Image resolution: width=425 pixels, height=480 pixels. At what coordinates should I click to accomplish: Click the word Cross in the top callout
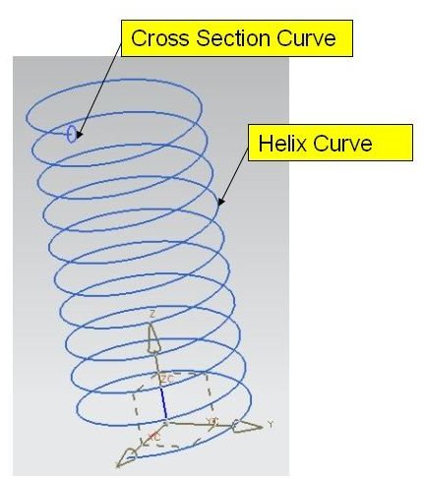[x=160, y=38]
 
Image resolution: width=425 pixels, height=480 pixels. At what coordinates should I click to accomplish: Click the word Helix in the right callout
[x=282, y=144]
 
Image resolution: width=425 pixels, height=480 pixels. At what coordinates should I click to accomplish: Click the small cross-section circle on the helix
[x=72, y=134]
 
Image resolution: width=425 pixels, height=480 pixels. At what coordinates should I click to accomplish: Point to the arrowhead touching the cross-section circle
[x=79, y=134]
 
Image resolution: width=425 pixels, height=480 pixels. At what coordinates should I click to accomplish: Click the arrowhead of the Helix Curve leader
[x=221, y=202]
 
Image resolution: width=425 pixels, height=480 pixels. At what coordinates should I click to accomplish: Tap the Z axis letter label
[x=152, y=314]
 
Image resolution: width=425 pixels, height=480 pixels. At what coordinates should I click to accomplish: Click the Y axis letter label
[x=271, y=424]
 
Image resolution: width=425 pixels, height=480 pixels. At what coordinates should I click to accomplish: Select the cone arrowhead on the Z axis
[x=153, y=338]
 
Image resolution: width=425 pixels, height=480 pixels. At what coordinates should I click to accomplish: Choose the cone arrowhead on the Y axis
[x=247, y=426]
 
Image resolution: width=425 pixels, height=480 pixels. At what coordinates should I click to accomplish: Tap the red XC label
[x=154, y=437]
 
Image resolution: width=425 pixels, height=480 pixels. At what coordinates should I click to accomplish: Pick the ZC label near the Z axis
[x=167, y=379]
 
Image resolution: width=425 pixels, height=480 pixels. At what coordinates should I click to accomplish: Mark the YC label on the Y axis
[x=212, y=421]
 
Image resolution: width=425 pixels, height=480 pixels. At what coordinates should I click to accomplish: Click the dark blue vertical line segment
[x=163, y=403]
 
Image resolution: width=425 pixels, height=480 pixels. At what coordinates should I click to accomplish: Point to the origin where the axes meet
[x=166, y=421]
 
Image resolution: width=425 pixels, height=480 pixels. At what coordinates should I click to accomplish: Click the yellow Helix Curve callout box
[x=331, y=143]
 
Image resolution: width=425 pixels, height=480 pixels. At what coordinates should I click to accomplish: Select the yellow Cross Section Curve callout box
[x=237, y=38]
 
